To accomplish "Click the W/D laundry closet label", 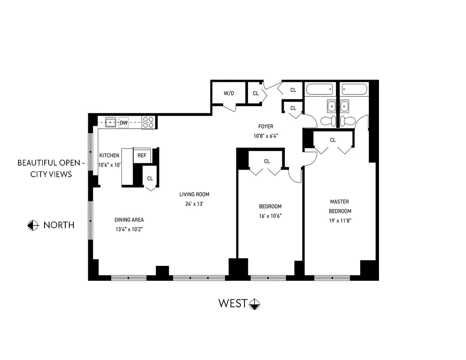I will click(229, 94).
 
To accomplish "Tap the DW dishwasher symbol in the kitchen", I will click(123, 122).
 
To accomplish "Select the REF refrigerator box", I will click(142, 155).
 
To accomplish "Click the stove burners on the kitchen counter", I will click(148, 122).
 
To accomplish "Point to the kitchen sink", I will click(110, 122).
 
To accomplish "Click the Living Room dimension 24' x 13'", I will click(194, 203).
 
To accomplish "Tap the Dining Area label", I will click(129, 220).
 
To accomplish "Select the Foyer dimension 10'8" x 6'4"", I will click(265, 135).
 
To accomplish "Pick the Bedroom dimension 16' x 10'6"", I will click(270, 216).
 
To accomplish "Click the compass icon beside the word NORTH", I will click(33, 225).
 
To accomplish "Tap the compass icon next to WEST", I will click(255, 304).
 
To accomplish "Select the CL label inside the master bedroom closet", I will click(333, 140).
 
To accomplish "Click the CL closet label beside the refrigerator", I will click(150, 179).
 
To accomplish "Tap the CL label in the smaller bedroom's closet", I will click(267, 161).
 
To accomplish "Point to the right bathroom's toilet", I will click(347, 120).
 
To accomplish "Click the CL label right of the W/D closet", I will click(256, 94).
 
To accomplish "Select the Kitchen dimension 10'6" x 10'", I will click(109, 165).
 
